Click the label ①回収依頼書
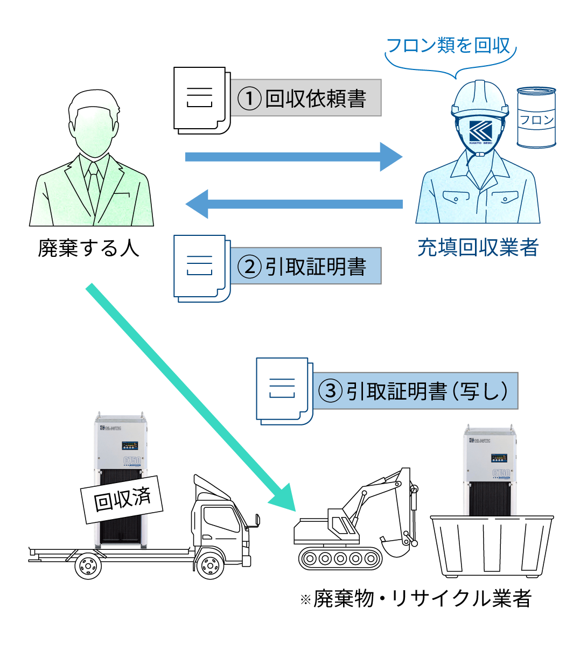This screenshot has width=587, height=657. tap(305, 98)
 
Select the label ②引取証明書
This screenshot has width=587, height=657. tap(305, 266)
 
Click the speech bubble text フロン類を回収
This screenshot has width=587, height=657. tap(449, 46)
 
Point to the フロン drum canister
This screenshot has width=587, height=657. tap(536, 117)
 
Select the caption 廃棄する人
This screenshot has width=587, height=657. tap(89, 248)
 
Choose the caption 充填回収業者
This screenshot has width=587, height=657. tap(478, 248)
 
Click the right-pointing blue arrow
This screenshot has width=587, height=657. tap(293, 157)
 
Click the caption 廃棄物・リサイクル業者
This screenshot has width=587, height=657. tap(416, 599)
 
